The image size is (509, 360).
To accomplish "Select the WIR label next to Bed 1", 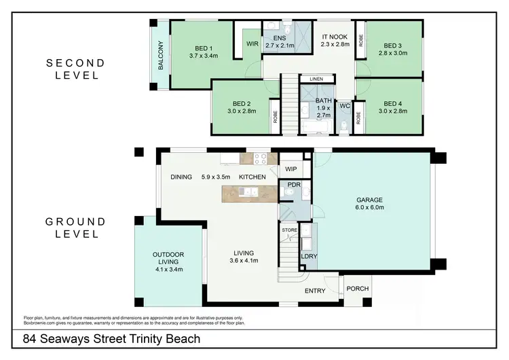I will [251, 43].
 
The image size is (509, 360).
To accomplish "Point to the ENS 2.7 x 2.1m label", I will [279, 42].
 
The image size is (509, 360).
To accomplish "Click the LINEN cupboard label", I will [316, 79].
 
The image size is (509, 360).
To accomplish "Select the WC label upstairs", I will [344, 106].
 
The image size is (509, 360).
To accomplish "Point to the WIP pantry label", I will [291, 169].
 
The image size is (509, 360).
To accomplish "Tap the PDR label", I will [295, 185].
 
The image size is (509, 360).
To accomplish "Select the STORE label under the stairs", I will [290, 231].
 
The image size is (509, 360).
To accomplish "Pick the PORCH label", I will [357, 289].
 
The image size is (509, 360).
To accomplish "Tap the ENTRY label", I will [315, 291].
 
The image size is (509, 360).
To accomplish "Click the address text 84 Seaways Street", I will [112, 339].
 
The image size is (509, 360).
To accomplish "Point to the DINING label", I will [181, 177].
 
